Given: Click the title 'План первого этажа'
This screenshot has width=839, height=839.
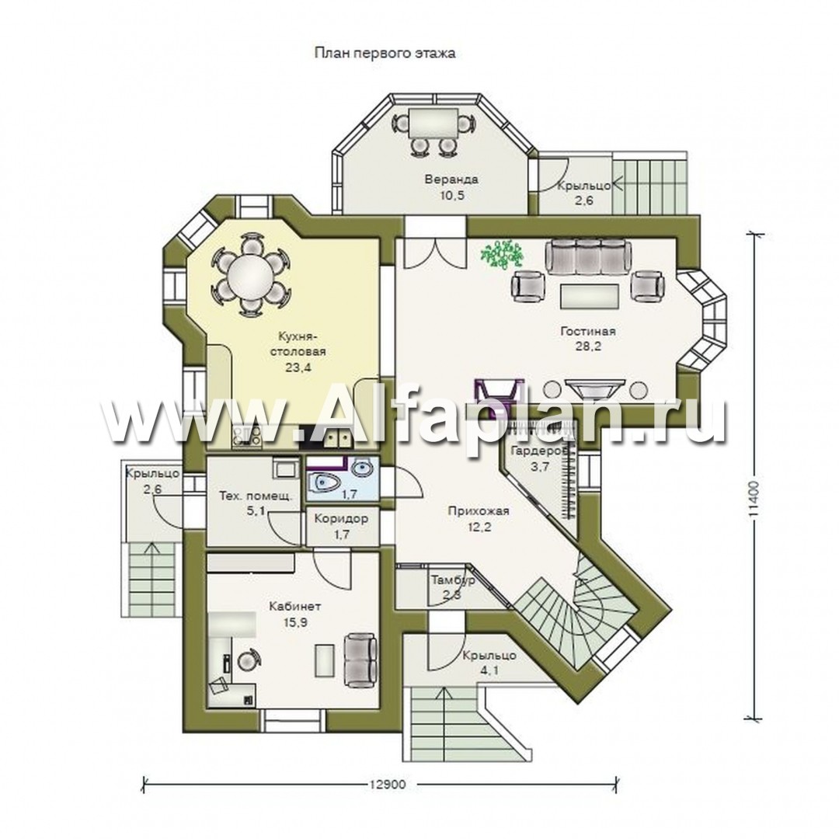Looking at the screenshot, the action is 385,54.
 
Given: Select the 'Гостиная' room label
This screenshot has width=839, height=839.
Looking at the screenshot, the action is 588,331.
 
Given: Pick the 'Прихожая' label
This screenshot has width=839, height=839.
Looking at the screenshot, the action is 479,511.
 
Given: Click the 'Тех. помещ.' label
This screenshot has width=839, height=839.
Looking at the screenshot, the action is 256,496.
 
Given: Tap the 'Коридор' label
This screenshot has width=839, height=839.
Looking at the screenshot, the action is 341,519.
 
